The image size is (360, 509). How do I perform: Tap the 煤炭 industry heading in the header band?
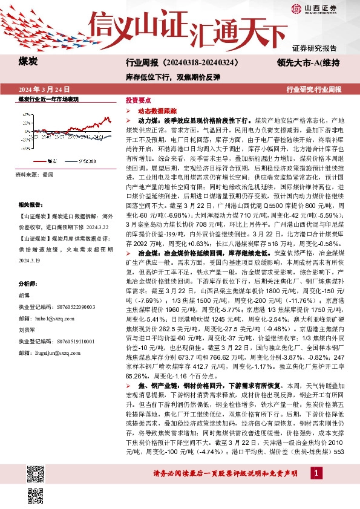pos(28,62)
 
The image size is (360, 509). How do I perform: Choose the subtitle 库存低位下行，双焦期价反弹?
pos(172,77)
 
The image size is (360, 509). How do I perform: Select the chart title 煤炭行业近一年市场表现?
pos(48,99)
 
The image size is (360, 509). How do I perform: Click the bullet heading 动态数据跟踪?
pos(157,112)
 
